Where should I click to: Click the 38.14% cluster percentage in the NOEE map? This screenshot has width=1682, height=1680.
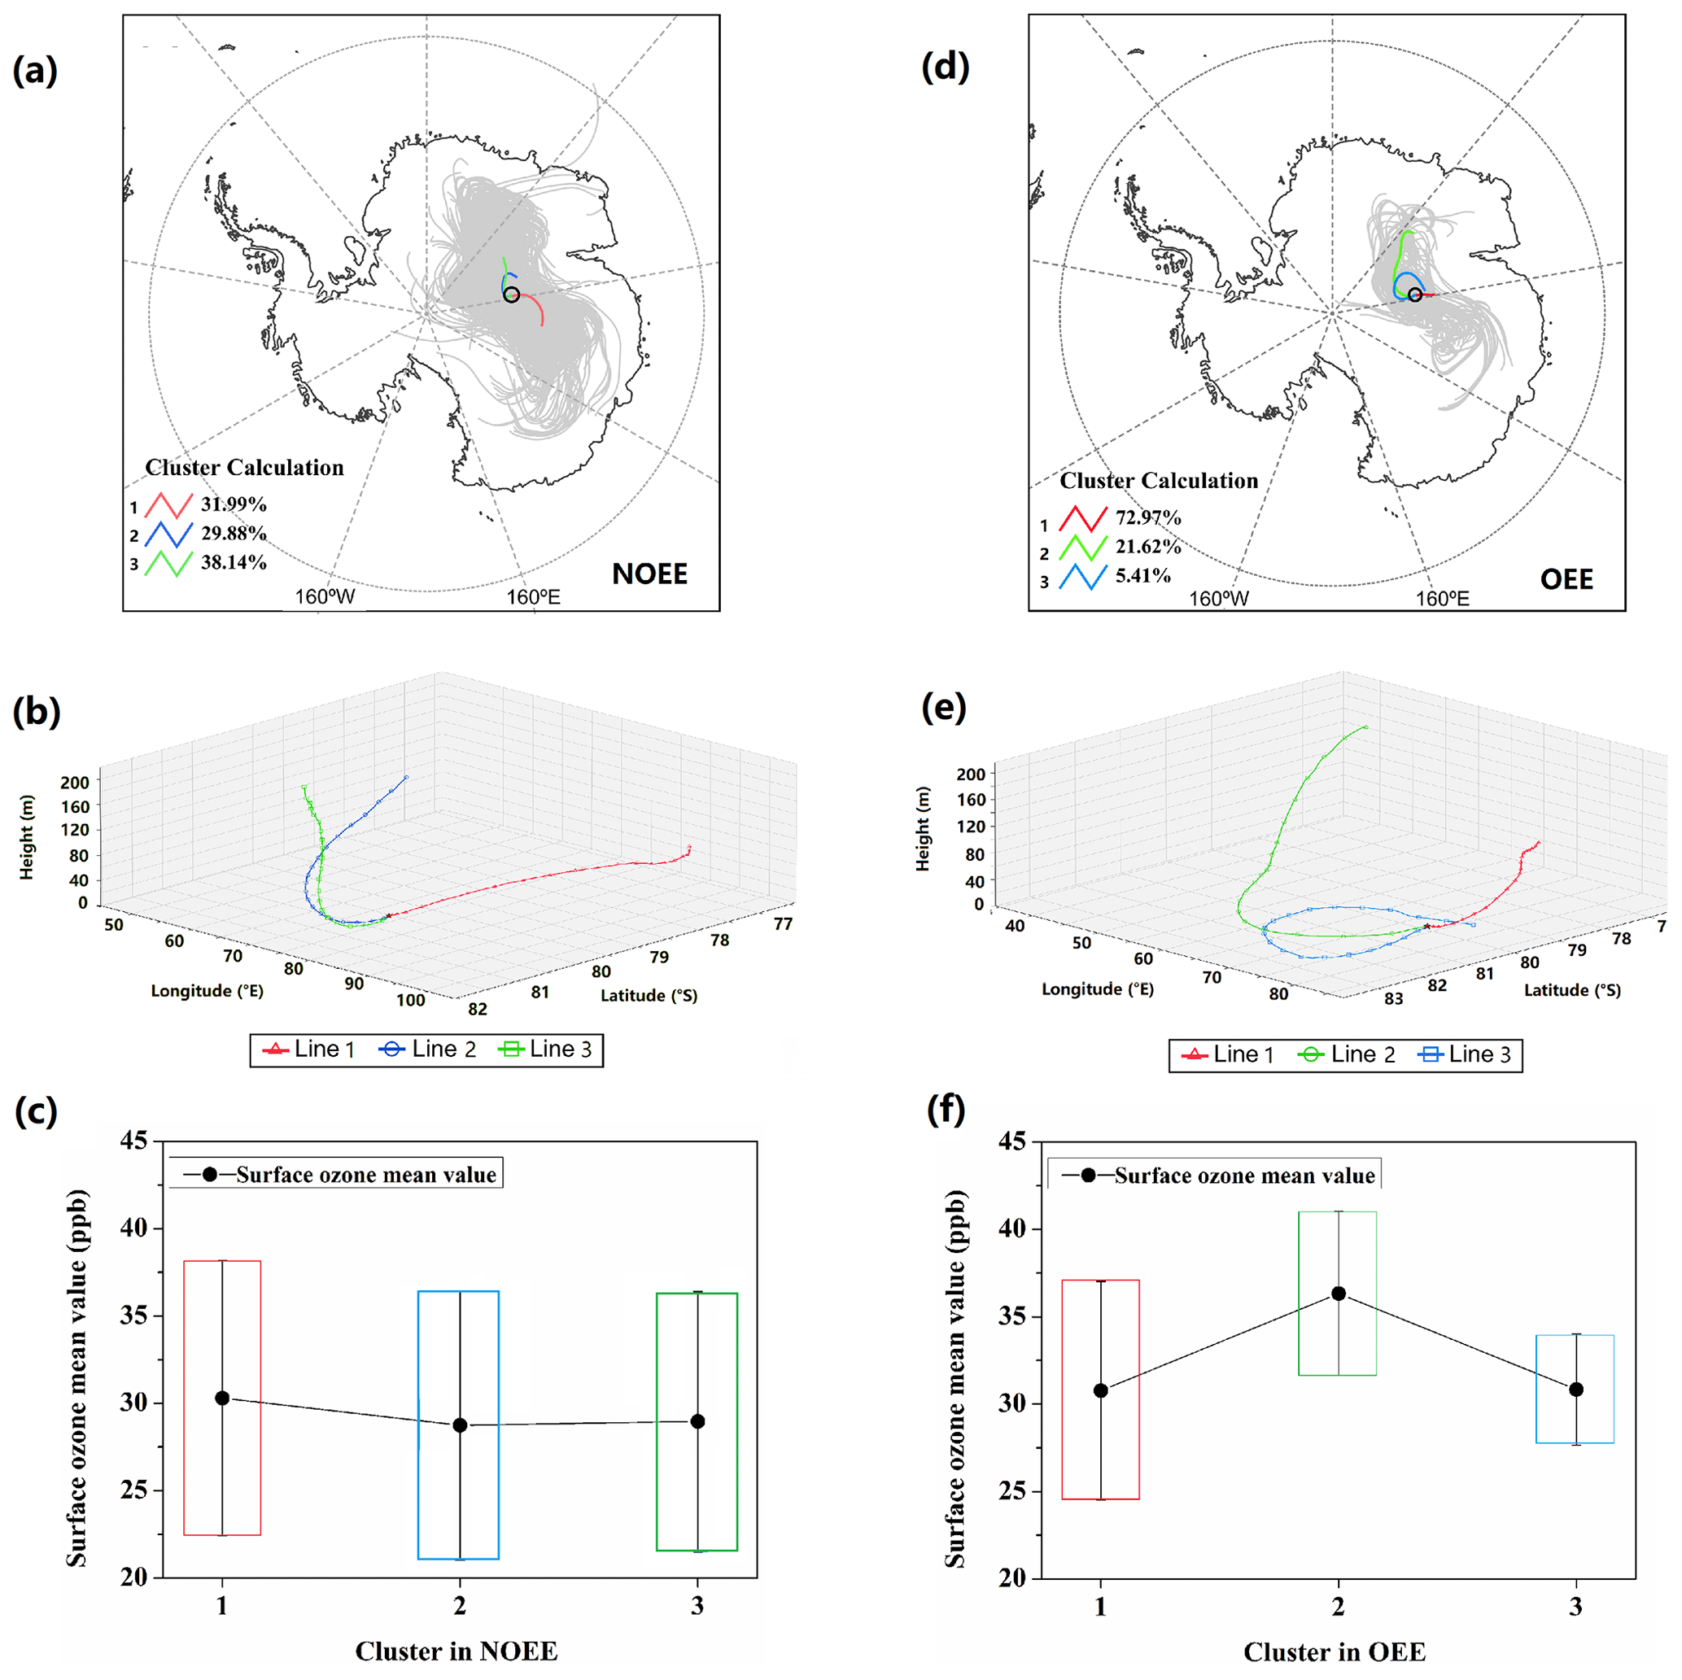click(x=234, y=562)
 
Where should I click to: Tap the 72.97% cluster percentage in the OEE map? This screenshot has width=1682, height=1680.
click(x=1148, y=518)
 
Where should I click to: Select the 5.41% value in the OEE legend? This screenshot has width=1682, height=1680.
click(x=1142, y=575)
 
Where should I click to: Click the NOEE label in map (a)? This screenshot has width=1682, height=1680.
click(x=649, y=574)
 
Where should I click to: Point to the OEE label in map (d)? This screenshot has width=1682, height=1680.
click(x=1566, y=579)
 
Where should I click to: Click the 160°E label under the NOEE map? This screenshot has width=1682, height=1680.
click(x=534, y=597)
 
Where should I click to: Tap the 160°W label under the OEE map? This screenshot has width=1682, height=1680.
click(x=1219, y=598)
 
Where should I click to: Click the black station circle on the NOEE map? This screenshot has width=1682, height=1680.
click(x=512, y=295)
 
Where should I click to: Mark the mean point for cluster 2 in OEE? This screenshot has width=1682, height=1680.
click(x=1338, y=1294)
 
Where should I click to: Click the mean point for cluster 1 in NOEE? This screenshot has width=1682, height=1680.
click(x=222, y=1398)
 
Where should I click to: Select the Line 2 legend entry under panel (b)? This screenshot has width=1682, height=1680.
click(x=427, y=1049)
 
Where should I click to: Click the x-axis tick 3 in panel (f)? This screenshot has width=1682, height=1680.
click(x=1575, y=1607)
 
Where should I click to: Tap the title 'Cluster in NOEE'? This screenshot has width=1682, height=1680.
click(x=457, y=1652)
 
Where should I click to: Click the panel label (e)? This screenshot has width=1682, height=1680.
click(x=944, y=708)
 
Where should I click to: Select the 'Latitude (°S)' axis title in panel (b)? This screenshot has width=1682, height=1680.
click(x=649, y=995)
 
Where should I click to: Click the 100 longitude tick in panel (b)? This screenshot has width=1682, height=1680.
click(x=411, y=1000)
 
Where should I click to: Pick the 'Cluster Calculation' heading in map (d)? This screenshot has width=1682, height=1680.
click(x=1159, y=481)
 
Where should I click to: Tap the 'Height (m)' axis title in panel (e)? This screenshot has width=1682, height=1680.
click(x=923, y=828)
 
